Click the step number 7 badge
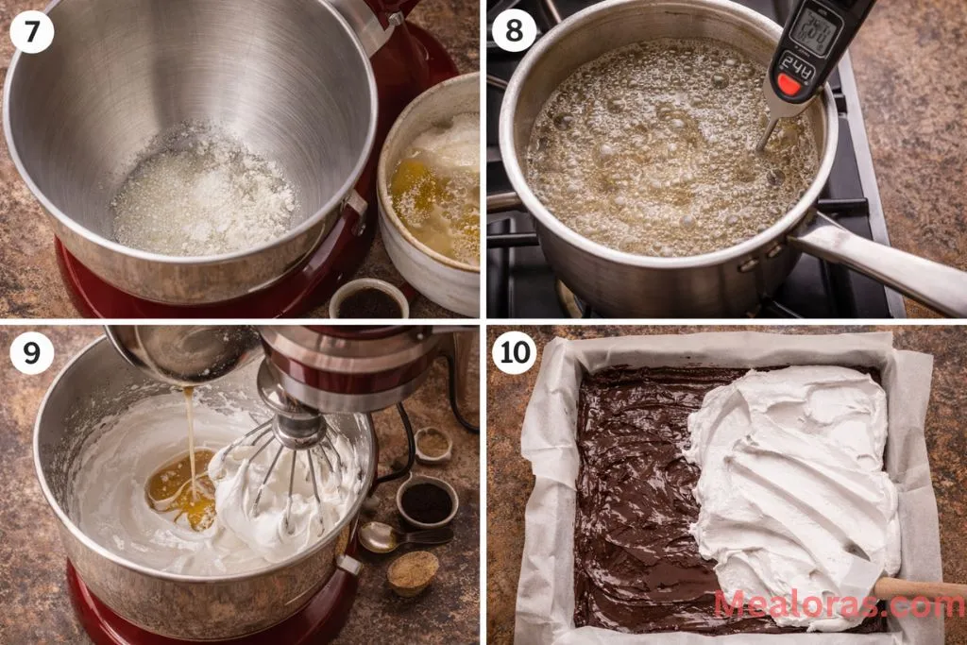pyautogui.click(x=32, y=32)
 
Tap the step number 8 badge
pyautogui.click(x=515, y=31)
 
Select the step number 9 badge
pyautogui.click(x=32, y=353)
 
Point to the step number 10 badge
pyautogui.click(x=515, y=353)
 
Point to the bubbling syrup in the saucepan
pyautogui.click(x=661, y=151)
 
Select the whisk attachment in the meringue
pyautogui.click(x=293, y=472)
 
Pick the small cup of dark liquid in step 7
pyautogui.click(x=368, y=301)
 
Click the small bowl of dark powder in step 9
pyautogui.click(x=426, y=502)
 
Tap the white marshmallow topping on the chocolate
pyautogui.click(x=793, y=472)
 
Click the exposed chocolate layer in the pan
pyautogui.click(x=633, y=501)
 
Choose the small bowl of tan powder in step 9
pyautogui.click(x=413, y=571)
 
